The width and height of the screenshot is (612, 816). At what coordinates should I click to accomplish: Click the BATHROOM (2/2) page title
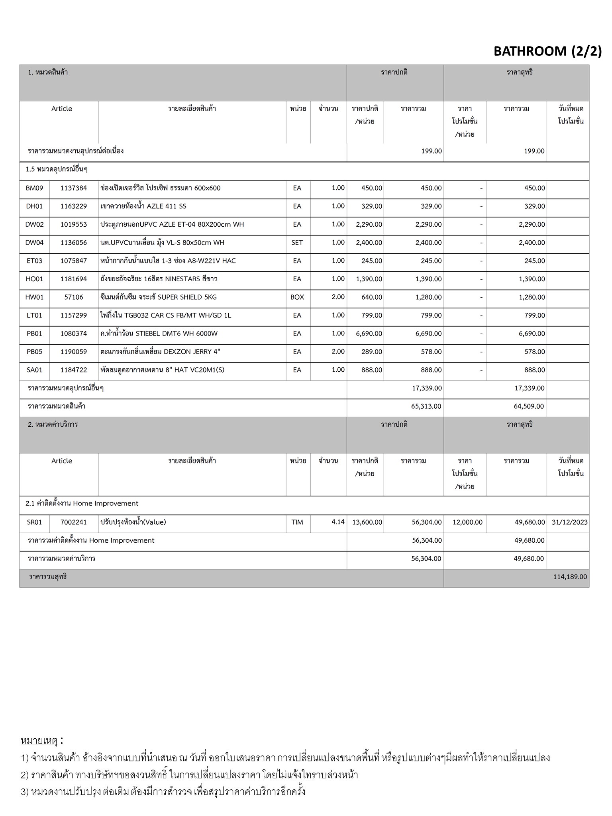click(x=547, y=51)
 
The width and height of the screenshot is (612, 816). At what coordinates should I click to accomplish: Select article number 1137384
click(x=74, y=188)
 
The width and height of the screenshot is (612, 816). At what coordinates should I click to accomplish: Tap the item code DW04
click(x=35, y=243)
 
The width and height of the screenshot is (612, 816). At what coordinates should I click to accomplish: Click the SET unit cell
click(x=297, y=243)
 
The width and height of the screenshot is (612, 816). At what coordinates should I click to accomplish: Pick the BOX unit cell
click(x=297, y=297)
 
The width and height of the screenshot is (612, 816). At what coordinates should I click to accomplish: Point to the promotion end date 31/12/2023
click(x=569, y=522)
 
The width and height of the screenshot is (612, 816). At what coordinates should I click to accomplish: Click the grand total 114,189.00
click(x=570, y=577)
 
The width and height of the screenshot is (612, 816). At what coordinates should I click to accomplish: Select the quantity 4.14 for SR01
click(x=338, y=522)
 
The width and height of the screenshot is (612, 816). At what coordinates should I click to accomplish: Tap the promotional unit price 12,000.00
click(x=467, y=522)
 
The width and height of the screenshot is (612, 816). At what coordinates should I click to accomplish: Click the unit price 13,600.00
click(x=367, y=522)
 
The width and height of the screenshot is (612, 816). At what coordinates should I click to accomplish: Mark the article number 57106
click(x=74, y=297)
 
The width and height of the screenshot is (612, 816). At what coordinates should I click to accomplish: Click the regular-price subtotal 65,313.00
click(x=426, y=407)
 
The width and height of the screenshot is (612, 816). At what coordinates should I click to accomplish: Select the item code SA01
click(x=35, y=370)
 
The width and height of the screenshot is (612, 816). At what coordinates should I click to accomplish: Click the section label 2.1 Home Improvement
click(x=82, y=504)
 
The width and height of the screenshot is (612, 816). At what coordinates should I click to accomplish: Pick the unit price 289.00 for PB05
click(x=372, y=352)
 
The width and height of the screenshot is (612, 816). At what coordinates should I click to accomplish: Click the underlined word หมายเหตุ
click(x=39, y=741)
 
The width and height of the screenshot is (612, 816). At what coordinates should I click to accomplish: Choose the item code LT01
click(x=35, y=316)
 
